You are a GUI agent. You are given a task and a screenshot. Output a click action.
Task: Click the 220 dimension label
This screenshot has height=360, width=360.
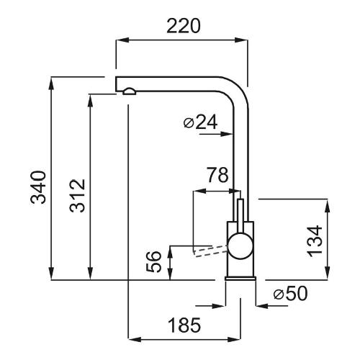pos(183,26)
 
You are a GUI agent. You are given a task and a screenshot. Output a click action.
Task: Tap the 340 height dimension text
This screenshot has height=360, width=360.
pos(38,187)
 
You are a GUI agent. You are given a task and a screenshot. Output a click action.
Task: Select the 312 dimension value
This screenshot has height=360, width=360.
pos(77,196)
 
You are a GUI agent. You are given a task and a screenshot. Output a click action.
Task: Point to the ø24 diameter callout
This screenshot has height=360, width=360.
pos(200,122)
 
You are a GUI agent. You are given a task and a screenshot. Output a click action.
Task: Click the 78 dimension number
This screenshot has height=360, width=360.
pos(217,175)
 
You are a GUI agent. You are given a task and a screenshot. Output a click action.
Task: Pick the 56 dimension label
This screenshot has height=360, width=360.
pos(153,261)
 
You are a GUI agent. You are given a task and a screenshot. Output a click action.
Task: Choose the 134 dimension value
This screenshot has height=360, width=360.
pos(315,241)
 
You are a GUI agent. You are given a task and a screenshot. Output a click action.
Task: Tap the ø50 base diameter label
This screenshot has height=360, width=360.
pos(290,293)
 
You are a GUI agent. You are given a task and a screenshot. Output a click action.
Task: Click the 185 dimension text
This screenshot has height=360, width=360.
pos(184,325)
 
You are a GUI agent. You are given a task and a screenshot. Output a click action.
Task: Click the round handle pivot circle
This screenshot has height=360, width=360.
pos(240,247)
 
